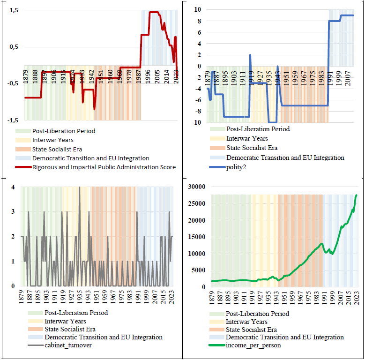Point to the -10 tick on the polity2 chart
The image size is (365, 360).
pos(196,123)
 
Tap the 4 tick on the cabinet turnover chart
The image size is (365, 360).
pos(13,187)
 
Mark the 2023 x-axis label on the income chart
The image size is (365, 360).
pos(357,299)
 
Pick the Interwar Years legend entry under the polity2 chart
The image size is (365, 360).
pos(247,138)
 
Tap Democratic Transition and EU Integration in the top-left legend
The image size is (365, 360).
pos(90,158)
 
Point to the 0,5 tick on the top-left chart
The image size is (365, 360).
pos(13,46)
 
